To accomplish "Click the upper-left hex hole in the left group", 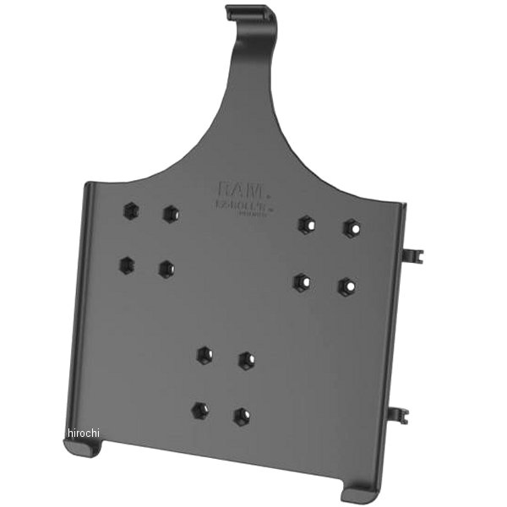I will point(130,210).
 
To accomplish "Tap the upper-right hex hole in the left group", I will point(172,213).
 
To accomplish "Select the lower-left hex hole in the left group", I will point(126,264).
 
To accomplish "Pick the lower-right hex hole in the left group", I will point(165,270).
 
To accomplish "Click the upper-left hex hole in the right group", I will point(306,223).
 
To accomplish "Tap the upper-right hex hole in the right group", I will point(351,227).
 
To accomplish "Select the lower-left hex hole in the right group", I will point(301,281).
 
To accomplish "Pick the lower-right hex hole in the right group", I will point(346,286).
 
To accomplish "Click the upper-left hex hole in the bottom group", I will point(204,355).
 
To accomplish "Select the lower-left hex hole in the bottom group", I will point(199,411).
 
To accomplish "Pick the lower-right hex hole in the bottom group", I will point(242,416).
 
